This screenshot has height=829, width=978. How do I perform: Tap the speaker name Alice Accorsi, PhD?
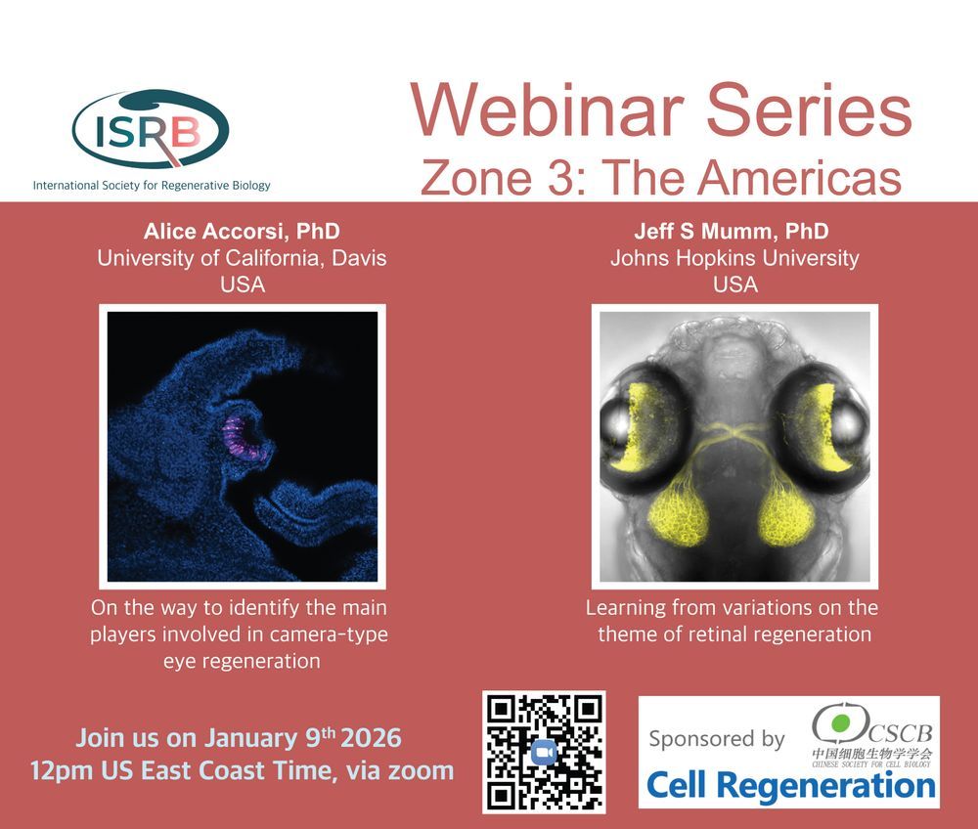pos(242,232)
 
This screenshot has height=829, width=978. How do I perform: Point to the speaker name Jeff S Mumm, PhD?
pos(732,232)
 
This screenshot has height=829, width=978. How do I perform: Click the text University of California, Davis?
pos(242,258)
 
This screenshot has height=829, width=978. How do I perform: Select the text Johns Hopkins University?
pos(734,258)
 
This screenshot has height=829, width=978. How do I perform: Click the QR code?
pos(544,752)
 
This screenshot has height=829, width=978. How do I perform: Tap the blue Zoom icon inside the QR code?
pos(544,753)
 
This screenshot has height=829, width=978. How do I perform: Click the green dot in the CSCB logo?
pos(841,722)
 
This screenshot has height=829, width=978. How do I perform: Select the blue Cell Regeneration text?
pos(791,785)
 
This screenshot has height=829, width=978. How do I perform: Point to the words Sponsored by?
pos(717,739)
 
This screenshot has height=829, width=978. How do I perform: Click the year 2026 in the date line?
pos(371,739)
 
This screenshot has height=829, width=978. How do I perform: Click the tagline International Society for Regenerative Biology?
pos(152,185)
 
